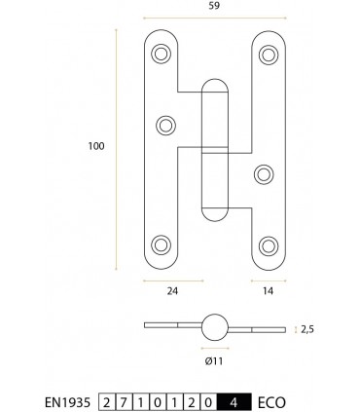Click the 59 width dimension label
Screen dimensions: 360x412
214,6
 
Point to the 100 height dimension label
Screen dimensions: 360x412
96,146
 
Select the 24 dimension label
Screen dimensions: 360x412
172,291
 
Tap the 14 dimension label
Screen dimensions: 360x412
268,291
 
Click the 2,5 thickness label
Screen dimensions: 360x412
307,329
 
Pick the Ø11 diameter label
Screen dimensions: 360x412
214,360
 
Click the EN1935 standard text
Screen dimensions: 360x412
67,403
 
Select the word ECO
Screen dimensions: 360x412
271,403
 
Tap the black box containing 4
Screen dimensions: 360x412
234,402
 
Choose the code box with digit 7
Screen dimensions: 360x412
124,402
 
